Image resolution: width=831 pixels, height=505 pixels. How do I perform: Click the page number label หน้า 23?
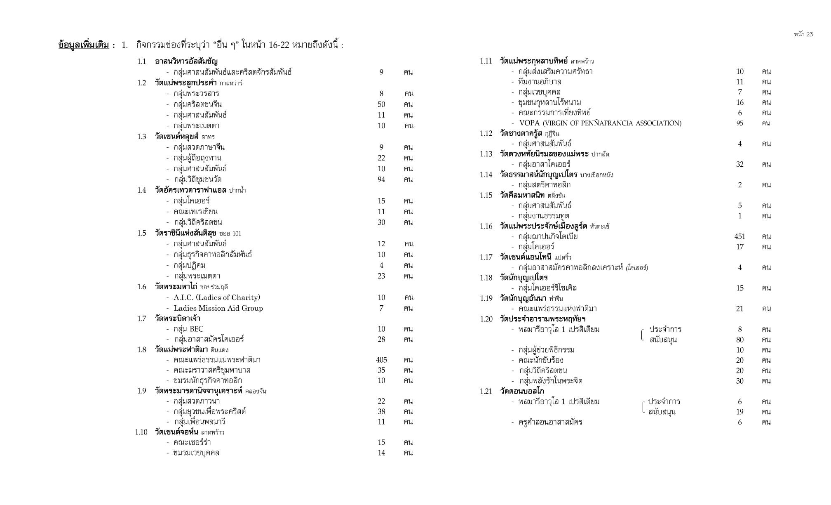click(x=803, y=34)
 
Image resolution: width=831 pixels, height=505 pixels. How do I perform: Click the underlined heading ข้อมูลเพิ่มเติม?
click(x=84, y=45)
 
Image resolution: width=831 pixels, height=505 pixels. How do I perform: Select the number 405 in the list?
click(x=381, y=360)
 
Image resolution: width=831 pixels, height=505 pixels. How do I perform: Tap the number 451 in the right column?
click(x=739, y=236)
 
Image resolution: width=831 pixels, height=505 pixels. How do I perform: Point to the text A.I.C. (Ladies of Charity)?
click(x=217, y=297)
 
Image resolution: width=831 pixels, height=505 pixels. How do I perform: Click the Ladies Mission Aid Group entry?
click(x=218, y=308)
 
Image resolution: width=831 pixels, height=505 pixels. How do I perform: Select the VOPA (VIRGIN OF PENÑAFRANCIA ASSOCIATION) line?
click(x=600, y=123)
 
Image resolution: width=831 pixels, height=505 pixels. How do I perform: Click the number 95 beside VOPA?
click(x=739, y=123)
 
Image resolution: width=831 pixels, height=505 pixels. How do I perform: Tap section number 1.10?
click(x=141, y=432)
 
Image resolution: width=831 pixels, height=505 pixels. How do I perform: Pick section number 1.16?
click(x=486, y=226)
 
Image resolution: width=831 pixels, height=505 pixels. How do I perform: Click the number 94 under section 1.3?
click(x=381, y=179)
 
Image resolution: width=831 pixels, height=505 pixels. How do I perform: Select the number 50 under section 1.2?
click(x=381, y=104)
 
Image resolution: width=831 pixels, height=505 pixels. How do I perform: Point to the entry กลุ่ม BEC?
click(x=188, y=329)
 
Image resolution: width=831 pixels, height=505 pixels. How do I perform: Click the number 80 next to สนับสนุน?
click(x=739, y=340)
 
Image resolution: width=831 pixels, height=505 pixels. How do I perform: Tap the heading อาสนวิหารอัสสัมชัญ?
click(x=186, y=61)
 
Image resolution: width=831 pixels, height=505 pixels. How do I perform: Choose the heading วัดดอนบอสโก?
click(x=522, y=391)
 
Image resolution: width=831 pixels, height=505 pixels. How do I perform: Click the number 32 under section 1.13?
click(x=739, y=164)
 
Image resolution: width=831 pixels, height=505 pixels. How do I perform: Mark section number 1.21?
click(x=486, y=391)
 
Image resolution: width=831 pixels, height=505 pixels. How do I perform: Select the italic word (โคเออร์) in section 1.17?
click(x=636, y=267)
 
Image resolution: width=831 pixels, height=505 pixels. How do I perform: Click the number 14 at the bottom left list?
click(x=381, y=453)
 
